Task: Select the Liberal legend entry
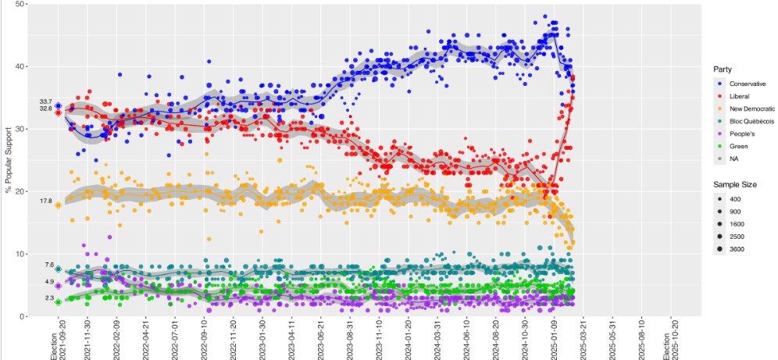pos(739,96)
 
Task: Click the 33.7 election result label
pos(45,102)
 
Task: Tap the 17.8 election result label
pos(45,201)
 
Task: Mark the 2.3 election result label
pos(48,298)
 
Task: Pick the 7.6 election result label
pos(48,266)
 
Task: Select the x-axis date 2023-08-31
pos(351,339)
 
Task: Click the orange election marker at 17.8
pos(59,205)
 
